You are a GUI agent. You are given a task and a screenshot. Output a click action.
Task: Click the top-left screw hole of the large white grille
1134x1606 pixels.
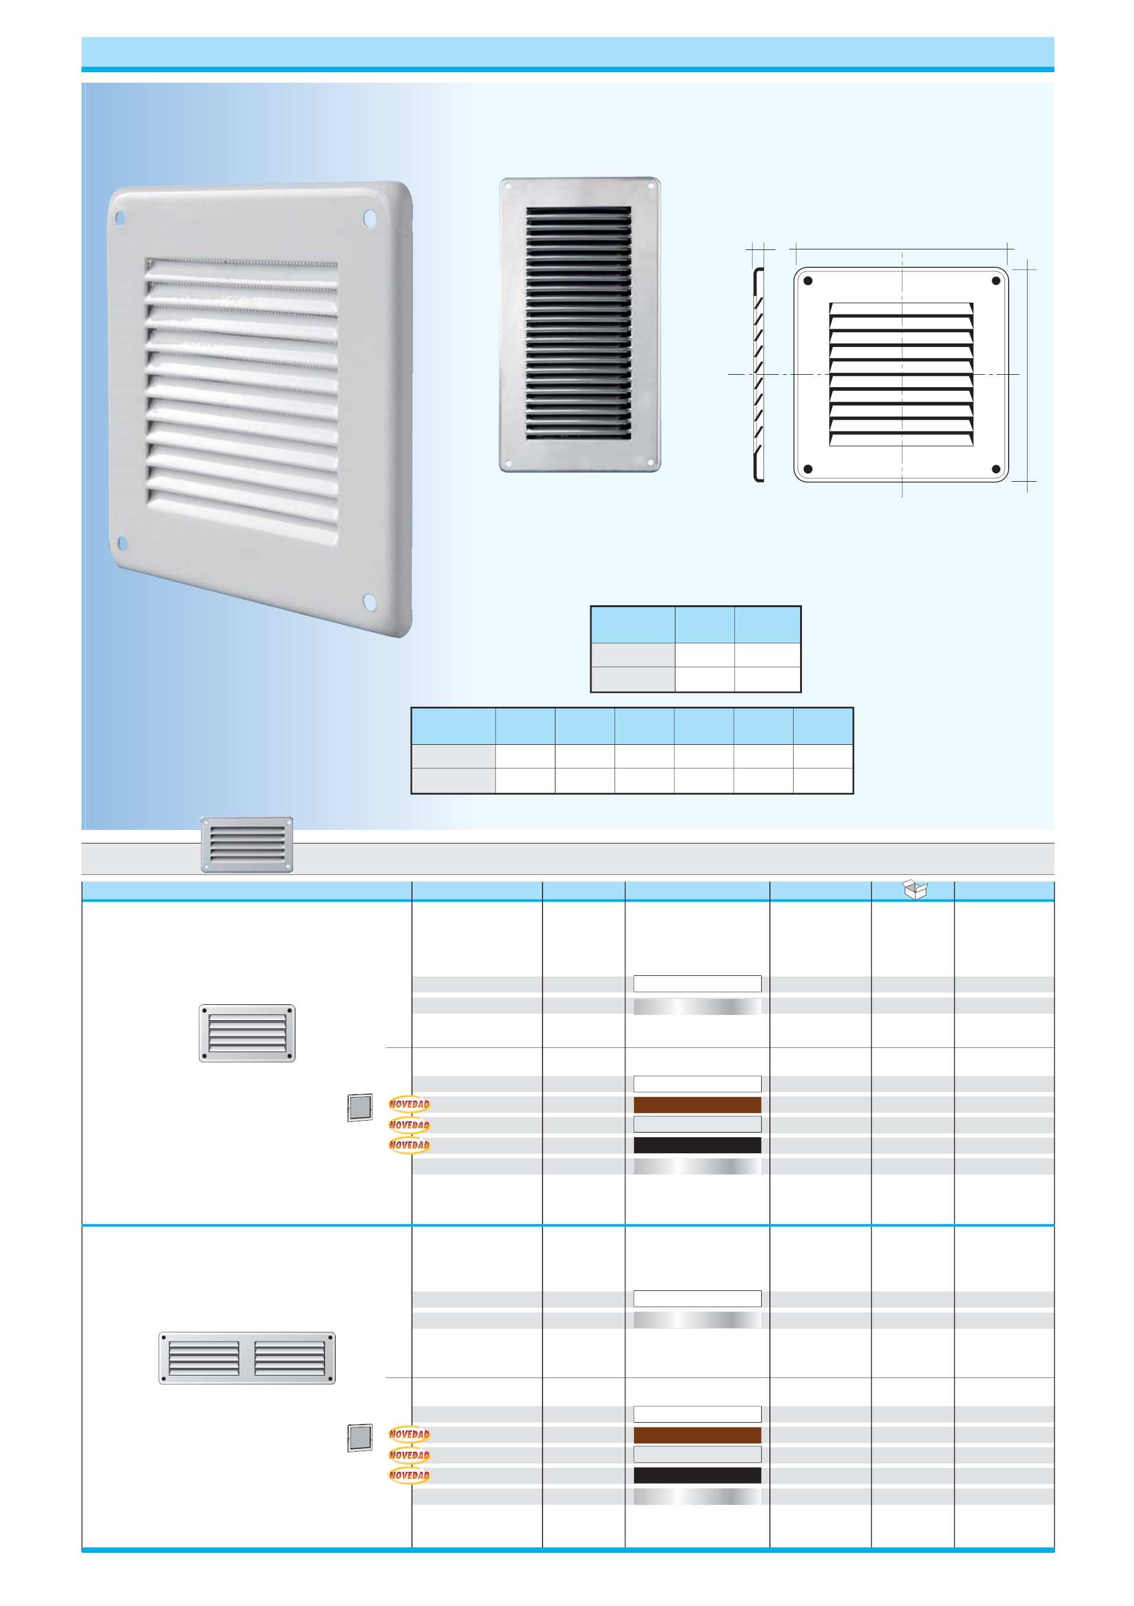pyautogui.click(x=120, y=219)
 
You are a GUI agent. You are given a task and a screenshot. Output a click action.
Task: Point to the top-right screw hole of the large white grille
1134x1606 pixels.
pyautogui.click(x=369, y=219)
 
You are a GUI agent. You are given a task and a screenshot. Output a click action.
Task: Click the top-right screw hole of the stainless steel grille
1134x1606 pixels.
pyautogui.click(x=651, y=187)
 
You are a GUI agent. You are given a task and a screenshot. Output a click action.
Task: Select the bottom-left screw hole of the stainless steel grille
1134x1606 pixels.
pyautogui.click(x=509, y=462)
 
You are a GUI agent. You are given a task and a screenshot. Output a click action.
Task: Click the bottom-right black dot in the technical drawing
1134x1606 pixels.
pyautogui.click(x=996, y=469)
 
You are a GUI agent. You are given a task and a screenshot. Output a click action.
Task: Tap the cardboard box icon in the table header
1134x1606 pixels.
pyautogui.click(x=915, y=889)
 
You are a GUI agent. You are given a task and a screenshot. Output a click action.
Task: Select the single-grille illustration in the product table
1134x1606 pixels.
pyautogui.click(x=247, y=1033)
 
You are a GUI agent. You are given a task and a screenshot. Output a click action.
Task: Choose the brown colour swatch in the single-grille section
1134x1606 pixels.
pyautogui.click(x=697, y=1105)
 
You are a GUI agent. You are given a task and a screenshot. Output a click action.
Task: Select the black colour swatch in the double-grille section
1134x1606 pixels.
pyautogui.click(x=697, y=1475)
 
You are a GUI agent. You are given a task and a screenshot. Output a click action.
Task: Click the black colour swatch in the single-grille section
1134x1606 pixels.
pyautogui.click(x=697, y=1145)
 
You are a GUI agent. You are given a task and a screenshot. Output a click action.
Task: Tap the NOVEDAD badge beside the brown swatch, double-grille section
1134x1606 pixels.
pyautogui.click(x=409, y=1434)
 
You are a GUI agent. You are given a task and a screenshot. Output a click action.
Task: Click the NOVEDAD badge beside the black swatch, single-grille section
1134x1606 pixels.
pyautogui.click(x=409, y=1145)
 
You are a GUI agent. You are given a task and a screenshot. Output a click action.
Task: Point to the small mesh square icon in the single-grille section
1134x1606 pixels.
pyautogui.click(x=360, y=1107)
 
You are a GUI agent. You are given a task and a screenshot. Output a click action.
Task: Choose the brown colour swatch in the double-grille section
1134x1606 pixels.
pyautogui.click(x=697, y=1435)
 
